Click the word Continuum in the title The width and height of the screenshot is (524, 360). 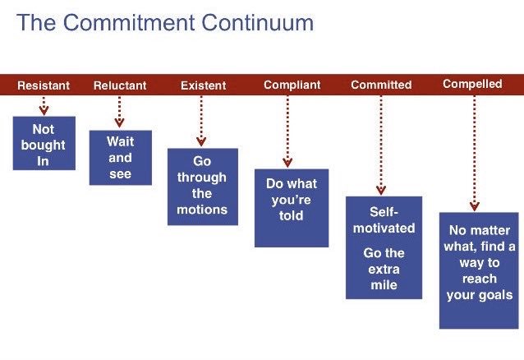point(257,23)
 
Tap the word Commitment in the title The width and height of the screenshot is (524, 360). point(129,23)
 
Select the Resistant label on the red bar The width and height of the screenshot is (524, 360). point(44,85)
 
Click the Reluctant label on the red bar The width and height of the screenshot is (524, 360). point(120,85)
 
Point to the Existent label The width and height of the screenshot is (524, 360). point(204,85)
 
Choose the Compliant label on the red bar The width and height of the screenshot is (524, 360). point(292,85)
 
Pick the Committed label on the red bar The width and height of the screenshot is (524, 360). point(381,85)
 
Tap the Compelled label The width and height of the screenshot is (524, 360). point(472,84)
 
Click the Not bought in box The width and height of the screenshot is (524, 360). point(44,143)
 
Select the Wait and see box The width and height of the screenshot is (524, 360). point(121,158)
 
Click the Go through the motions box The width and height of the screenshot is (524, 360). point(203,187)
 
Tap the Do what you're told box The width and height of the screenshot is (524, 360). point(292,208)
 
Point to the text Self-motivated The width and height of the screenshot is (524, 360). point(384,219)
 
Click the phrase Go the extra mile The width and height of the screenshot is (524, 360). point(384,269)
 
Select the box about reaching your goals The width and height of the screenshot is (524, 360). point(479,270)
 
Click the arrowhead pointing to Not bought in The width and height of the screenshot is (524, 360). point(44,110)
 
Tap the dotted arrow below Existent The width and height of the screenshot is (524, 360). point(201,121)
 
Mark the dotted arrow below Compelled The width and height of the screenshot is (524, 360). point(474,153)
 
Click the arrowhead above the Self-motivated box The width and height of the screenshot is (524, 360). point(381,190)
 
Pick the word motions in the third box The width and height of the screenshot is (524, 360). point(202,210)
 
